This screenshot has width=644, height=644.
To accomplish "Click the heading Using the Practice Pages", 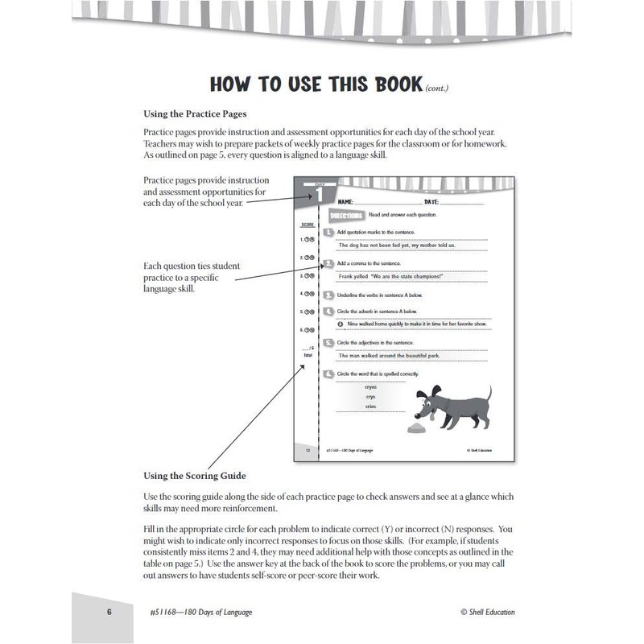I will [194, 114].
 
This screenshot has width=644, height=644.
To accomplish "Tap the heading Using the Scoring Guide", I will [194, 476].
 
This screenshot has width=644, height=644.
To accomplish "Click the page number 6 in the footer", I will [109, 612].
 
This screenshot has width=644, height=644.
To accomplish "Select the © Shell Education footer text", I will [487, 612].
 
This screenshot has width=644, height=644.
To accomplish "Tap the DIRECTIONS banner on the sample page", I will [347, 216].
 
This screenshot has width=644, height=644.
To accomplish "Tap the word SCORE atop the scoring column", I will [307, 225].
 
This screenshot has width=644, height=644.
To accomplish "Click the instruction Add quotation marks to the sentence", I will [374, 232].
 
